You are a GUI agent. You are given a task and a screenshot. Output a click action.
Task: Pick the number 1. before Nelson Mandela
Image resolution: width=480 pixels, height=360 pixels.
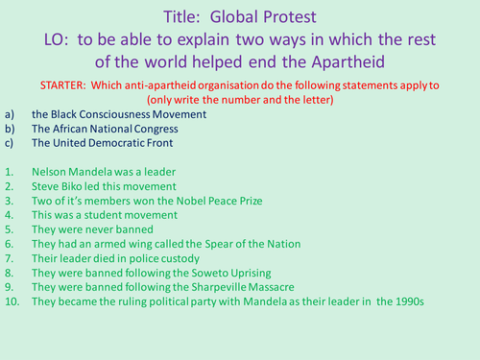(x=10, y=172)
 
